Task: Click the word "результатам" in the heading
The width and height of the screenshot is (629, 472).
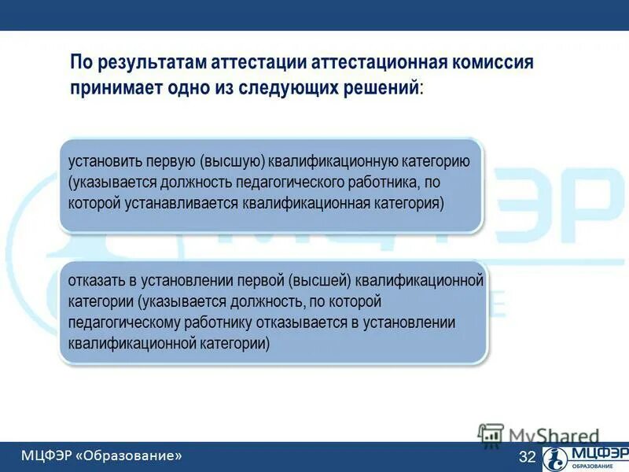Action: click(x=149, y=62)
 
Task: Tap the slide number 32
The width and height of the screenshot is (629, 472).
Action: click(x=527, y=457)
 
